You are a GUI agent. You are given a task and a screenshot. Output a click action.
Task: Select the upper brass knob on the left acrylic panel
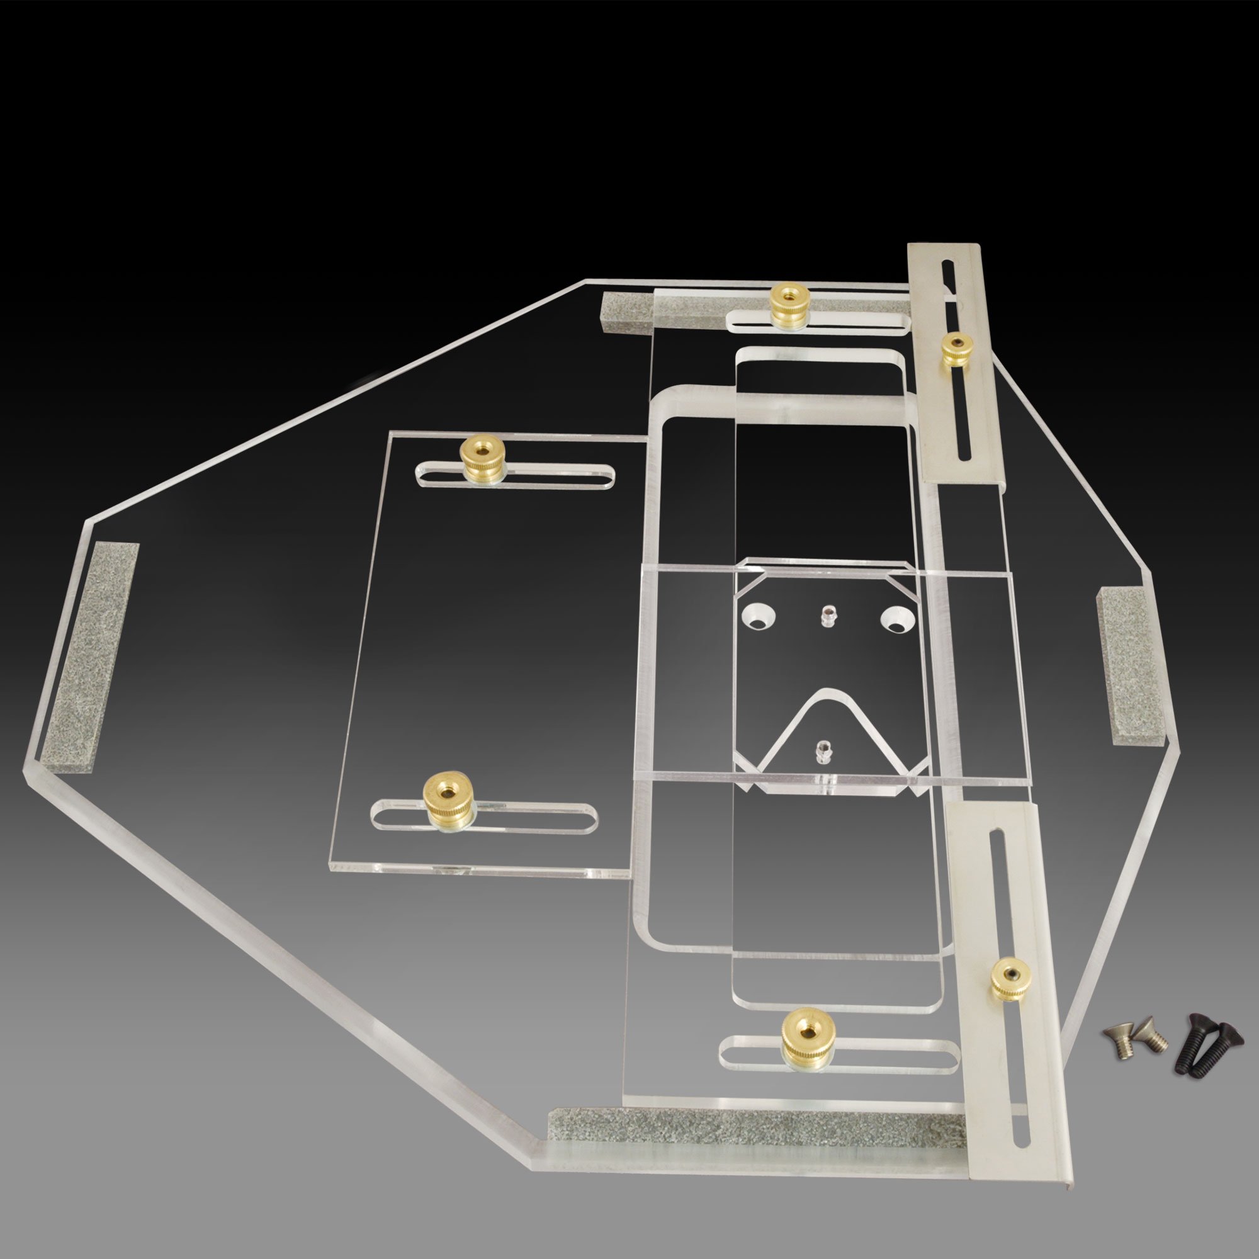point(482,458)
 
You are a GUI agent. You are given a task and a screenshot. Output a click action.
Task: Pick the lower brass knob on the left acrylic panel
point(444,794)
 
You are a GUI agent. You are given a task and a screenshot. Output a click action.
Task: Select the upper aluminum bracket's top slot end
point(947,269)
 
